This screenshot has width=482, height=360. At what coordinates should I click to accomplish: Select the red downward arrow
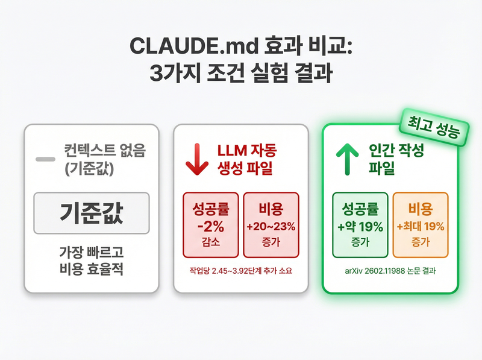pyautogui.click(x=196, y=159)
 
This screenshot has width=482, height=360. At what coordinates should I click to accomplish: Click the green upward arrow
pyautogui.click(x=348, y=159)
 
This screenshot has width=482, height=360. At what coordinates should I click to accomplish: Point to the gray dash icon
pyautogui.click(x=45, y=159)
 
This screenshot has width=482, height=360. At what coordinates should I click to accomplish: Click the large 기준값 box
pyautogui.click(x=90, y=213)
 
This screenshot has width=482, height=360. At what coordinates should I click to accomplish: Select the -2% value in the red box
pyautogui.click(x=210, y=227)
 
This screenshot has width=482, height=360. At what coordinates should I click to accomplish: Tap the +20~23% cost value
pyautogui.click(x=270, y=227)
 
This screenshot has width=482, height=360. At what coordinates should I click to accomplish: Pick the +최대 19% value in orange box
pyautogui.click(x=421, y=227)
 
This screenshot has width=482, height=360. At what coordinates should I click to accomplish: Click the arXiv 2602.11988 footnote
pyautogui.click(x=390, y=271)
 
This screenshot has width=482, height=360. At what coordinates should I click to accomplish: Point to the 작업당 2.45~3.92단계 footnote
pyautogui.click(x=241, y=271)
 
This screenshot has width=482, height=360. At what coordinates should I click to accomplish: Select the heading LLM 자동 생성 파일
pyautogui.click(x=245, y=160)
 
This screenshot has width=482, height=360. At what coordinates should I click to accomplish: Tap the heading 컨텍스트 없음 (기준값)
pyautogui.click(x=96, y=159)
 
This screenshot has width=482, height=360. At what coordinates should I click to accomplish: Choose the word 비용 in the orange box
pyautogui.click(x=421, y=210)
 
